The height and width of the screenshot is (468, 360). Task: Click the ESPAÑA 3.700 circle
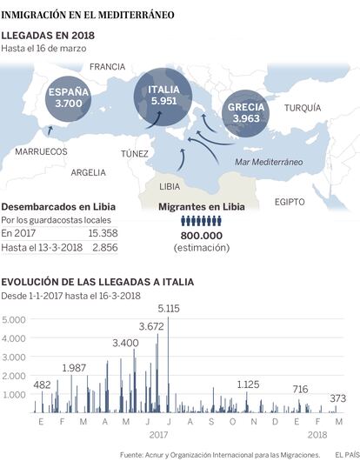pyautogui.click(x=69, y=99)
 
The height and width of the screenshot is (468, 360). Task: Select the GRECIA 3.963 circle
pyautogui.click(x=246, y=113)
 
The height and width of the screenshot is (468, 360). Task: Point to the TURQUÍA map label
pyautogui.click(x=303, y=108)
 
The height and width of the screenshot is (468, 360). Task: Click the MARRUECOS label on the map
pyautogui.click(x=41, y=151)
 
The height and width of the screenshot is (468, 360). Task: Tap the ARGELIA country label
pyautogui.click(x=89, y=172)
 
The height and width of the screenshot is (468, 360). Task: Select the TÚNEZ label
pyautogui.click(x=135, y=153)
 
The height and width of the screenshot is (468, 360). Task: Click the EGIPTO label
pyautogui.click(x=290, y=202)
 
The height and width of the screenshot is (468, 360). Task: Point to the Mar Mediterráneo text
pyautogui.click(x=269, y=162)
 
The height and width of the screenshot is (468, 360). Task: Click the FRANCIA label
pyautogui.click(x=107, y=67)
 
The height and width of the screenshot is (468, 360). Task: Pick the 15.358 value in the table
pyautogui.click(x=103, y=233)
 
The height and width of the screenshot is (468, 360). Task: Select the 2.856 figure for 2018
pyautogui.click(x=105, y=247)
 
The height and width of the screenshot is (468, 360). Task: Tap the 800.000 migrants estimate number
pyautogui.click(x=202, y=236)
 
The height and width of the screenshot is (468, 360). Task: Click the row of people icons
pyautogui.click(x=202, y=221)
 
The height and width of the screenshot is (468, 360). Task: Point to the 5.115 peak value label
pyautogui.click(x=169, y=308)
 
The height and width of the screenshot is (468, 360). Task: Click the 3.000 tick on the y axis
pyautogui.click(x=14, y=357)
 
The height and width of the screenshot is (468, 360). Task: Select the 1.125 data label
pyautogui.click(x=248, y=384)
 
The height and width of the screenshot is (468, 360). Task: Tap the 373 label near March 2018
pyautogui.click(x=338, y=398)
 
